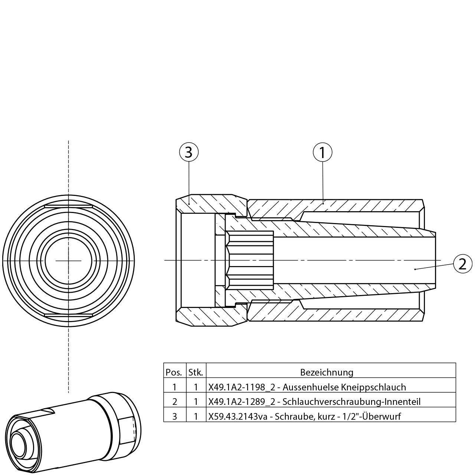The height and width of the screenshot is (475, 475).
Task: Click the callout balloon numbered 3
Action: click(189, 152)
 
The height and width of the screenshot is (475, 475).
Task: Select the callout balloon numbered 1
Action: click(322, 152)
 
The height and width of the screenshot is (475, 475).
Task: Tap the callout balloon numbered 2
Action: click(463, 264)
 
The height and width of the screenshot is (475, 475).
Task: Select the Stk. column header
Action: click(196, 373)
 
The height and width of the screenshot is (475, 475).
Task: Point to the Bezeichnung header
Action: click(327, 373)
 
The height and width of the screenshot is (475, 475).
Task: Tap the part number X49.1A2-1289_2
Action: click(242, 402)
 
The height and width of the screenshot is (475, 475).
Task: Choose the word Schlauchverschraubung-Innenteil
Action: click(351, 402)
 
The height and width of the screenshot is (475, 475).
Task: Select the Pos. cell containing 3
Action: click(175, 417)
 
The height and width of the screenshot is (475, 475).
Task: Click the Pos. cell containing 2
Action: click(175, 402)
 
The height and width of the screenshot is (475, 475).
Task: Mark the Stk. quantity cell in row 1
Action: click(196, 387)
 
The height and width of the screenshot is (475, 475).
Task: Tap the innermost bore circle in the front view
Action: click(69, 261)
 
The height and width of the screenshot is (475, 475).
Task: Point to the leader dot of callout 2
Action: click(415, 269)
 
